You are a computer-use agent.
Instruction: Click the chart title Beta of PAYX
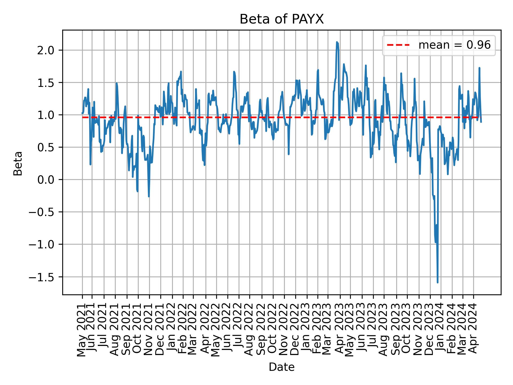coord(282,20)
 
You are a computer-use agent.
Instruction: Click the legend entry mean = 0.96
coord(454,45)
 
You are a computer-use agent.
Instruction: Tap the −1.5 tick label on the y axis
coord(44,277)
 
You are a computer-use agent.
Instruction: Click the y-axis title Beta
coord(18,163)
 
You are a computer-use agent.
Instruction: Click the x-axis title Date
coord(282,367)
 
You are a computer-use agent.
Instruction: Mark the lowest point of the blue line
coord(437,282)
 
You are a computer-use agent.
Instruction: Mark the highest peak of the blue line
coord(337,42)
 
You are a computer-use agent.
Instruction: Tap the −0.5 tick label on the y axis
coord(44,212)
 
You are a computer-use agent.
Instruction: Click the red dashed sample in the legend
coord(398,45)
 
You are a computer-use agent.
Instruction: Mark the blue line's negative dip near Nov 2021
coord(149,197)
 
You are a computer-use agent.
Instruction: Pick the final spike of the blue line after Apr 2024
coord(479,68)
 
